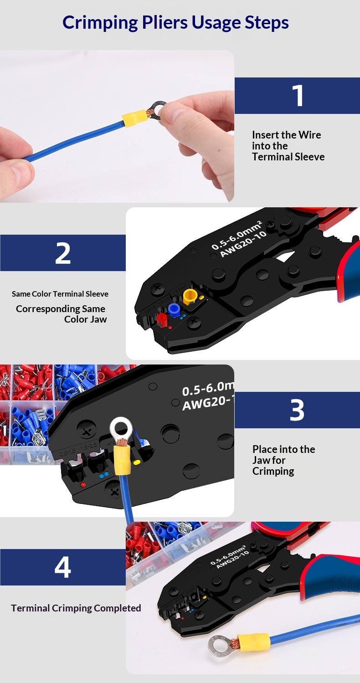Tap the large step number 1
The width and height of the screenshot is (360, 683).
[x=298, y=96]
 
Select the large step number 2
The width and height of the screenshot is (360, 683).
[x=63, y=253]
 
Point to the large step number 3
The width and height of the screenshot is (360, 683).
[x=297, y=410]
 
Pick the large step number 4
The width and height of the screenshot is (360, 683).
[x=63, y=567]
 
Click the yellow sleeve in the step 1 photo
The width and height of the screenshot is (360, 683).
[x=135, y=118]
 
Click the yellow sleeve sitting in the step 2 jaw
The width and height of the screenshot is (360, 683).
[x=190, y=296]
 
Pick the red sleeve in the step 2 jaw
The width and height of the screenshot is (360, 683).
[x=162, y=320]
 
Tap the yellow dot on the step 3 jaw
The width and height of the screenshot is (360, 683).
[x=137, y=462]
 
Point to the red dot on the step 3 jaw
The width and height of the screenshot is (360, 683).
[x=82, y=484]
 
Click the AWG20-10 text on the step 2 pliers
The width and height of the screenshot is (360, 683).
[x=243, y=244]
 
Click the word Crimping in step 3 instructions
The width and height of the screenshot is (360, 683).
[x=273, y=472]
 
